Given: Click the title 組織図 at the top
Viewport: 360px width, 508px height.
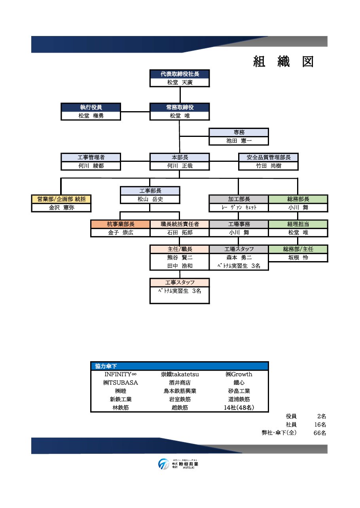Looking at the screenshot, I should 283,62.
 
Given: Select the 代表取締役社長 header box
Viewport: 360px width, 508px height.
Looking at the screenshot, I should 180,74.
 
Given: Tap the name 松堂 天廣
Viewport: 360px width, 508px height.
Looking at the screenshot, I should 180,83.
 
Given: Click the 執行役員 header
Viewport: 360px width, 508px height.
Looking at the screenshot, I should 91,107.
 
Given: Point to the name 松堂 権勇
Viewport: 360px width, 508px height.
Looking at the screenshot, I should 91,116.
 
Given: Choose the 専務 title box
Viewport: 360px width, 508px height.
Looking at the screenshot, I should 239,133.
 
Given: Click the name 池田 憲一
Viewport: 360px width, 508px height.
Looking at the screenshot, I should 239,141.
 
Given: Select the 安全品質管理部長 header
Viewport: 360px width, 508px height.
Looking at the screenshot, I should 268,157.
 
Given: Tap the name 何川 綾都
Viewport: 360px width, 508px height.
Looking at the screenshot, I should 91,166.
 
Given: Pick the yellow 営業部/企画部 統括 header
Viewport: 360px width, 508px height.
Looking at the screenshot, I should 61,199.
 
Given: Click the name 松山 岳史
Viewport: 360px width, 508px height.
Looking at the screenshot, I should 150,199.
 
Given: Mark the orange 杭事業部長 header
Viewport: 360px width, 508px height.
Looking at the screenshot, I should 121,224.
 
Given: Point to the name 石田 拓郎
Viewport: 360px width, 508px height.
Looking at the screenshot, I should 180,233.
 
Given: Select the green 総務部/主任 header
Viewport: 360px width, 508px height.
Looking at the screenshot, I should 298,249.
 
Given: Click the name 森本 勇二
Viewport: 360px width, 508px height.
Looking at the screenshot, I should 239,258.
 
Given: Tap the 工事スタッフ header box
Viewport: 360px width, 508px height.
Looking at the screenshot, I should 180,282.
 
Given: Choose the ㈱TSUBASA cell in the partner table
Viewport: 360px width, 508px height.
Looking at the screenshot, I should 120,383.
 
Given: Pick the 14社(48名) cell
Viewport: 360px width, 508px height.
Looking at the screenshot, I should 239,408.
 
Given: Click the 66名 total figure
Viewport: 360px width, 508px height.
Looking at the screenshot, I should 320,433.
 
